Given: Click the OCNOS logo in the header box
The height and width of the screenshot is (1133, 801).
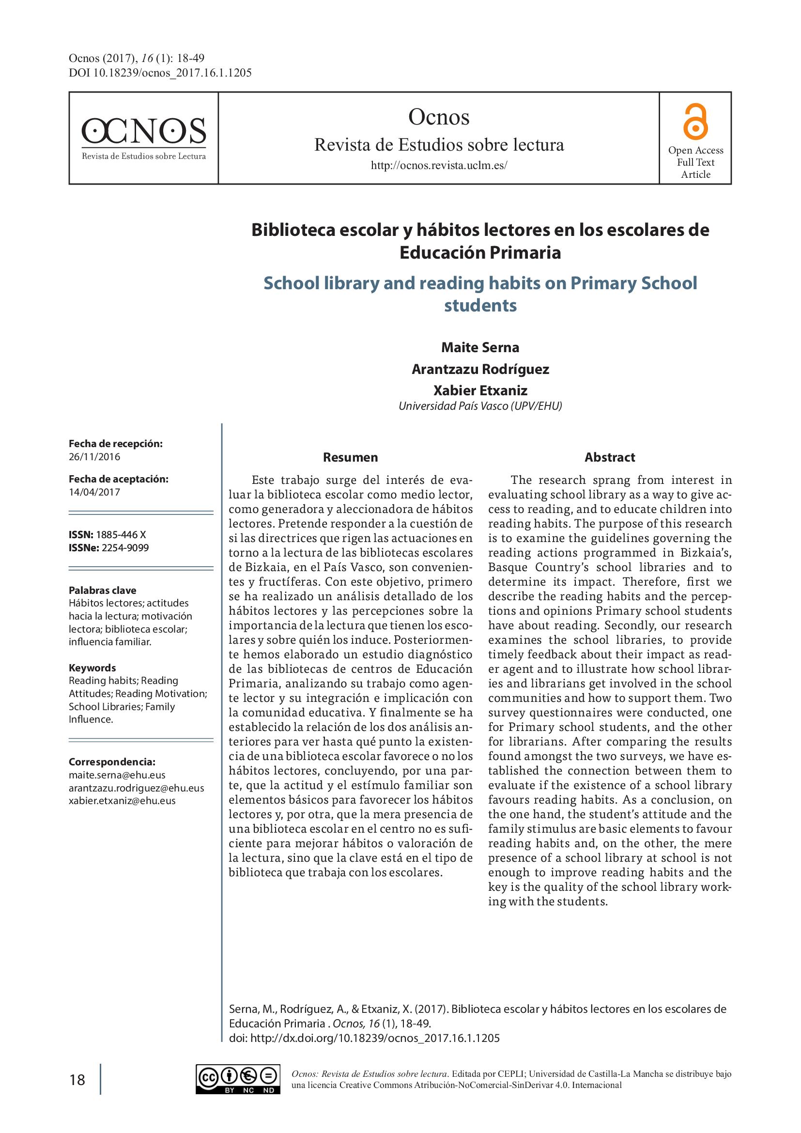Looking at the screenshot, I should tap(143, 138).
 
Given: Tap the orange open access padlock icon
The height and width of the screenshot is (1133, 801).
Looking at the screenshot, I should tap(695, 122).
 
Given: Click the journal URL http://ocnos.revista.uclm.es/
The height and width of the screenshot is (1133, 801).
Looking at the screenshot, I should tap(438, 166).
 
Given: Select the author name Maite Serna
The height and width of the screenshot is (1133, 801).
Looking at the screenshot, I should tap(480, 347).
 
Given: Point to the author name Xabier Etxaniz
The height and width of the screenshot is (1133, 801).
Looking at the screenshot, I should tap(480, 390).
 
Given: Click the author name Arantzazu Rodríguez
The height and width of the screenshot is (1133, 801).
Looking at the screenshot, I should tap(480, 369).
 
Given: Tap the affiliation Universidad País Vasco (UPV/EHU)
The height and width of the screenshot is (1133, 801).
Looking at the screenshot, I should tap(480, 406).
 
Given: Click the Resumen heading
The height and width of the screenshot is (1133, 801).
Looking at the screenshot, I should tap(350, 457).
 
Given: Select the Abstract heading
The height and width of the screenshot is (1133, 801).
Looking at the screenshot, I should tap(610, 457).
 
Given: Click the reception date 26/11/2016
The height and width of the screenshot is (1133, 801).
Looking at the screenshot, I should tap(95, 456).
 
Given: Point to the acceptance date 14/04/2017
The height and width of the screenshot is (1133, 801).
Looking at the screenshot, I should tap(95, 492).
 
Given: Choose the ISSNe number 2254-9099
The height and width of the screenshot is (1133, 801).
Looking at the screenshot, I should tap(125, 548).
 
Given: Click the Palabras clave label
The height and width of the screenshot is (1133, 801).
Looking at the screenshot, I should tap(103, 590).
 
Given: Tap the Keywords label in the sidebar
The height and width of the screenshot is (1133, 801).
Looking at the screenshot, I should tap(92, 667).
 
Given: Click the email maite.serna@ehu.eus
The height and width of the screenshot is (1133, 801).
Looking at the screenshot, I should tap(117, 775).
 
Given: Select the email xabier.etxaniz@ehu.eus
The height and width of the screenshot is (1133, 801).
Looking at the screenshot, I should tap(122, 800).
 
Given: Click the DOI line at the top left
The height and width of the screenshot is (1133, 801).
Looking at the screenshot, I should tap(160, 74).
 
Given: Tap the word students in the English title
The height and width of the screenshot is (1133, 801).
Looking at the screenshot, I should tap(480, 306).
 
